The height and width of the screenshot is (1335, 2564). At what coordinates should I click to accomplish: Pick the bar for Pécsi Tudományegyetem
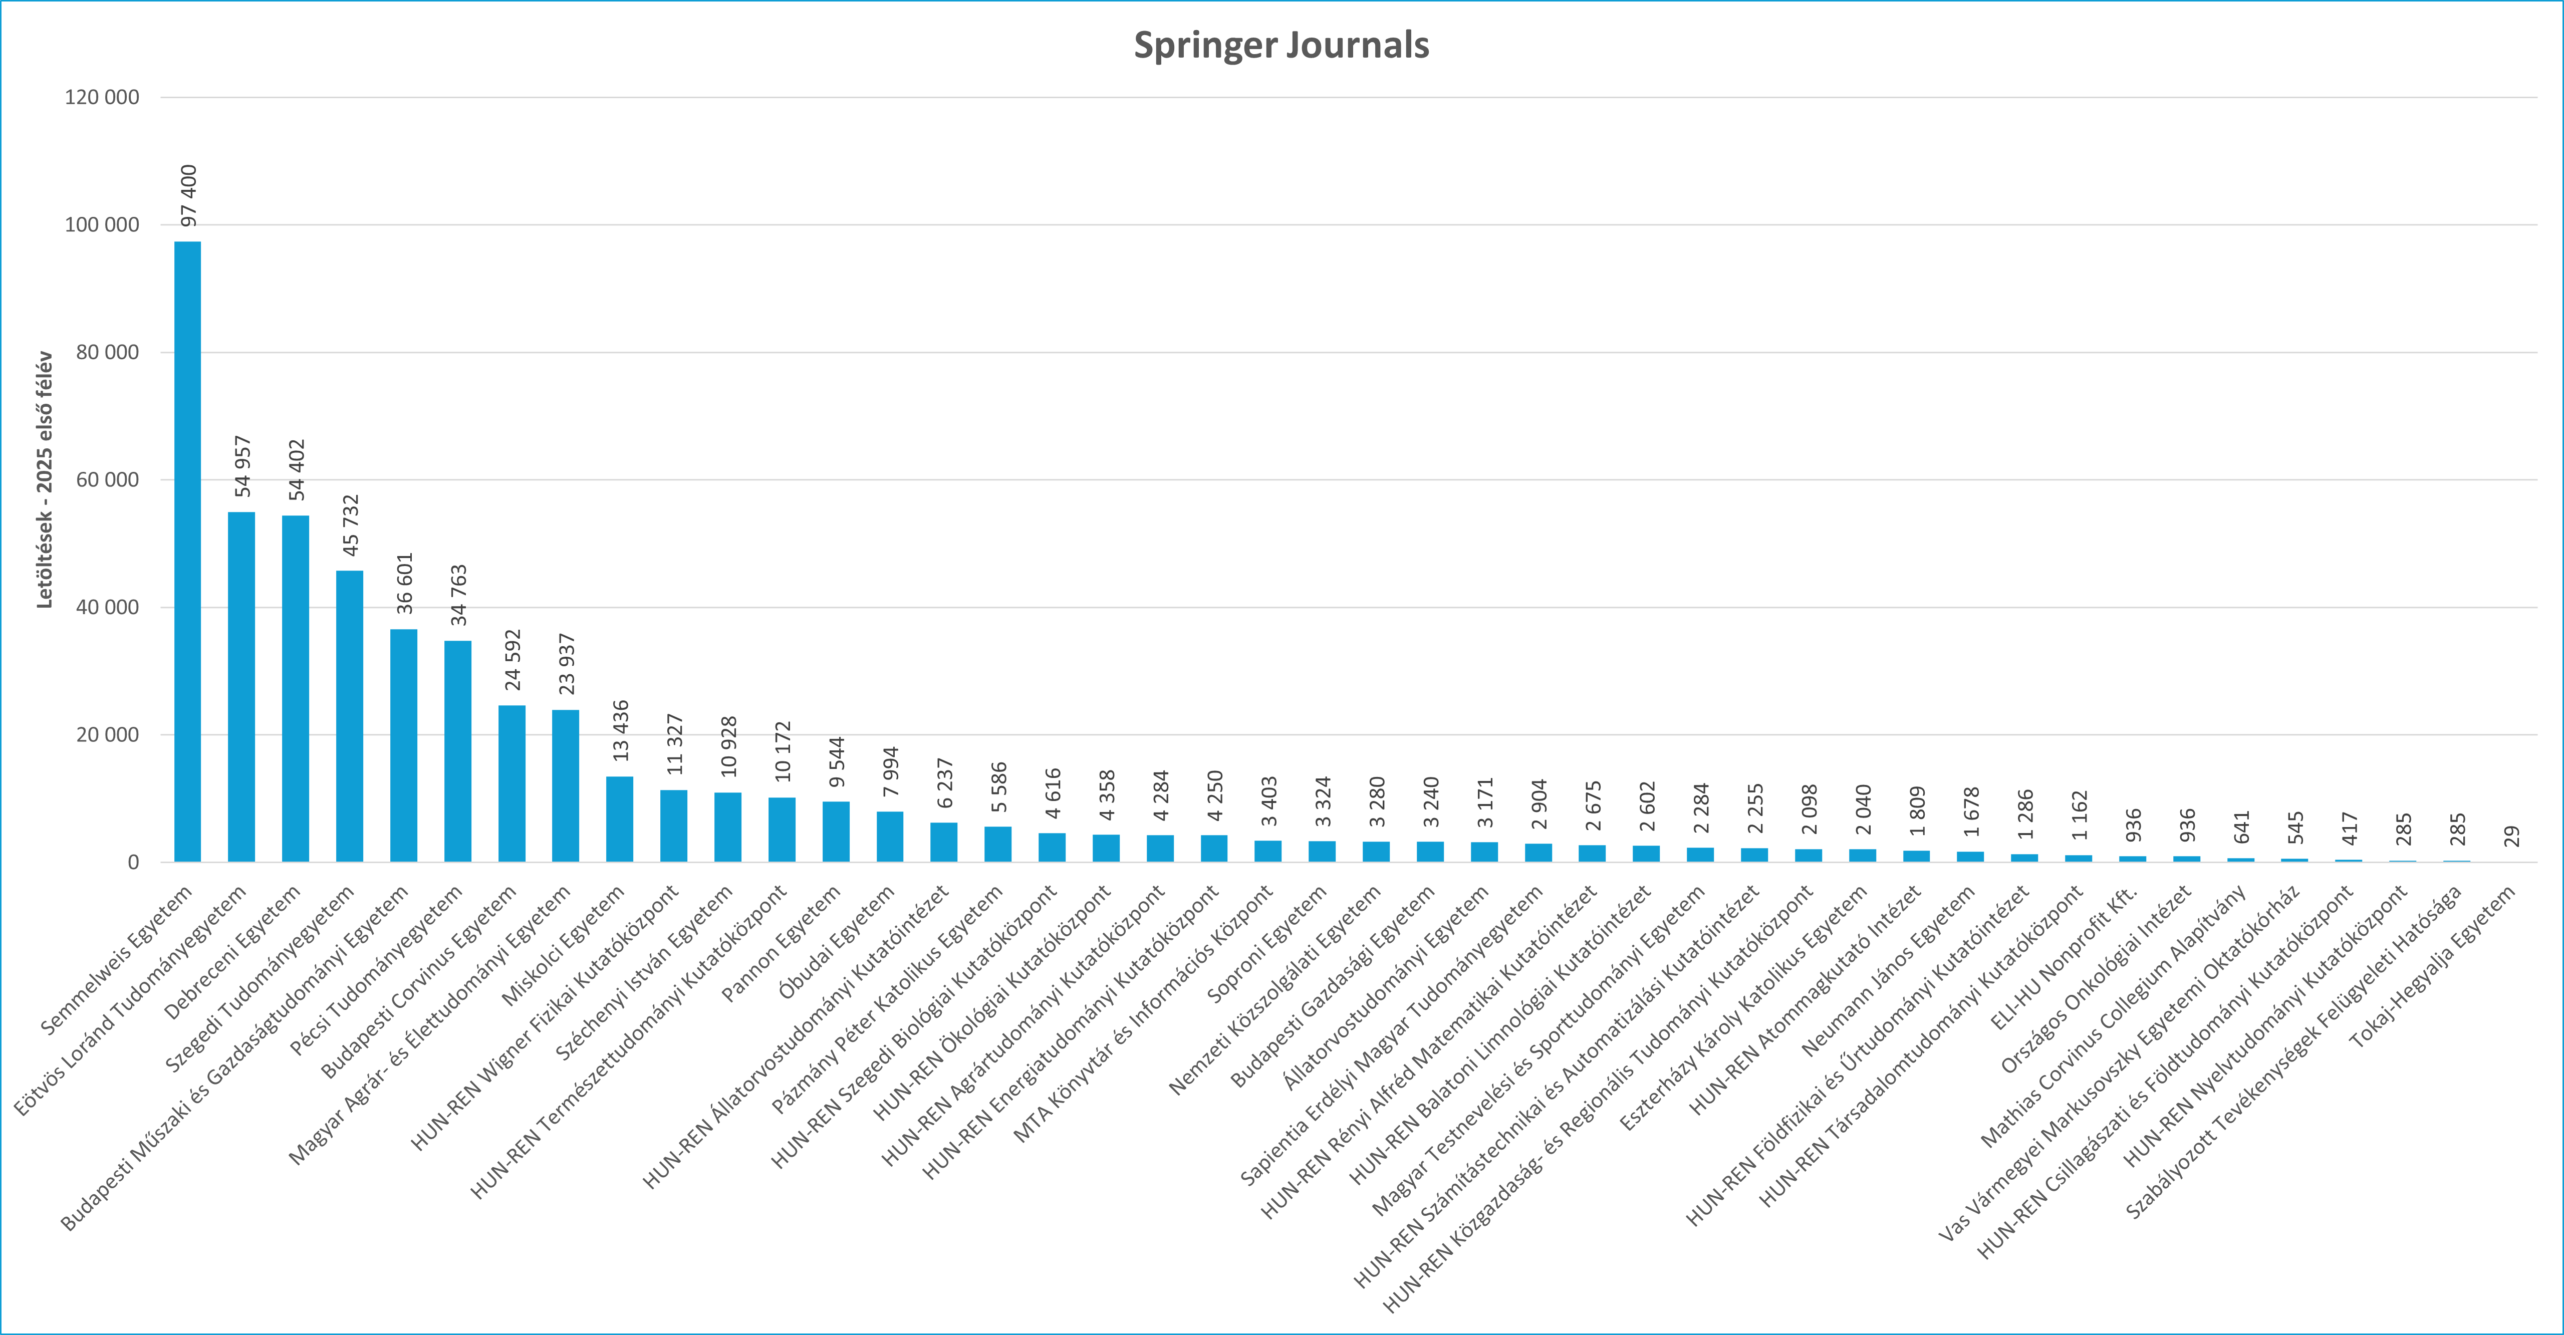coord(458,751)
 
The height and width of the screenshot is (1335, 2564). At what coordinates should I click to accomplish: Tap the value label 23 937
coord(566,664)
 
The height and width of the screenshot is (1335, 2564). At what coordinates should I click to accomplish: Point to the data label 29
coord(2511,836)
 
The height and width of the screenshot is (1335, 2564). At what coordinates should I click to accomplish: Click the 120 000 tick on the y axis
coord(102,98)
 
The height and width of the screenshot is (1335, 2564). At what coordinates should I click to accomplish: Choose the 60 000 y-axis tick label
coord(102,480)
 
